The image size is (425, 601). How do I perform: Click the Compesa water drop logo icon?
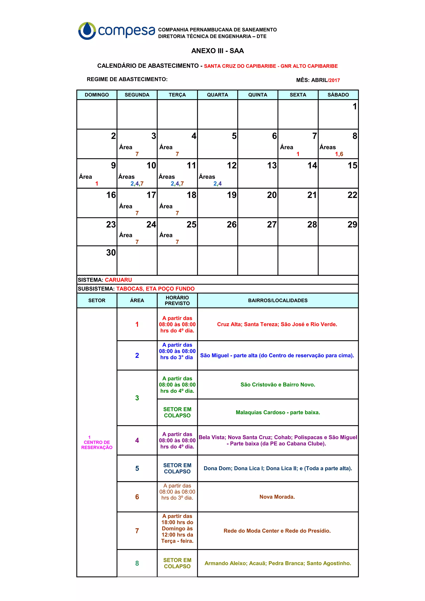(x=87, y=31)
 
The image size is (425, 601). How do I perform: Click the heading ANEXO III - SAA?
(x=217, y=51)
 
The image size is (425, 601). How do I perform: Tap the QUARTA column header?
(x=217, y=95)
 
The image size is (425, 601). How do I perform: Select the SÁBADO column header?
(x=338, y=95)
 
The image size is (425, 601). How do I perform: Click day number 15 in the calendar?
(x=352, y=165)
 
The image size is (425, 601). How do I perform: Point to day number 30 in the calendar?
(x=111, y=253)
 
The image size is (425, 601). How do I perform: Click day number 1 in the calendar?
(x=355, y=107)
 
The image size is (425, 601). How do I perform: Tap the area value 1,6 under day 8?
(x=339, y=154)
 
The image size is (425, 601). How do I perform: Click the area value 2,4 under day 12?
(x=217, y=184)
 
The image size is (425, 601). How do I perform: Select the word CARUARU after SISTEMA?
(x=118, y=280)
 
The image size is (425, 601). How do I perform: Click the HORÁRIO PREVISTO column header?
(x=177, y=300)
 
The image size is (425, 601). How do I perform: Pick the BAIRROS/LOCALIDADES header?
(x=278, y=300)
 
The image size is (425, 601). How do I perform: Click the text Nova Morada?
(x=277, y=497)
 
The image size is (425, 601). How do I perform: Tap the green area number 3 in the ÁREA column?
(x=137, y=398)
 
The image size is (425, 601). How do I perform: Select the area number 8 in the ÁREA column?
(x=137, y=563)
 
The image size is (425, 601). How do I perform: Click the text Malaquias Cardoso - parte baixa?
(x=278, y=412)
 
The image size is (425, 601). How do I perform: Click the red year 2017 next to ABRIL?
(x=334, y=80)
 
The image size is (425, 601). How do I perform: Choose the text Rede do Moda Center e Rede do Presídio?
(x=277, y=531)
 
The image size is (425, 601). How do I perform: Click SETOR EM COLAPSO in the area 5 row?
(x=177, y=468)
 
